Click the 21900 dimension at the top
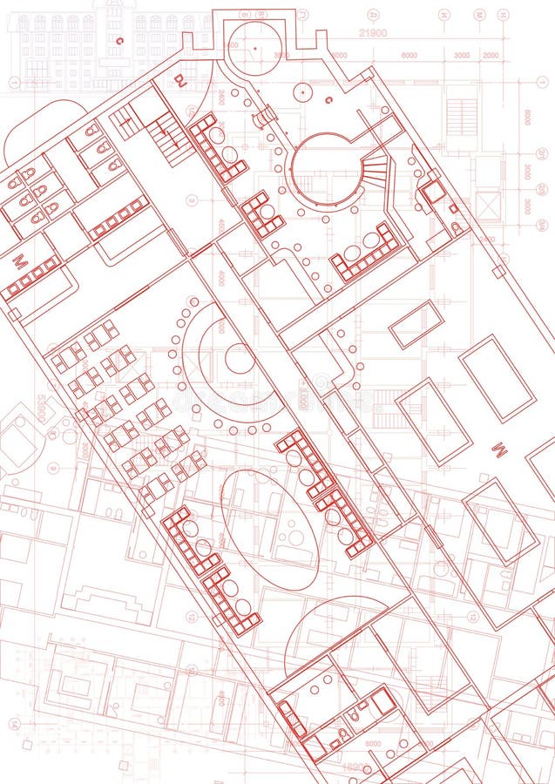(373, 34)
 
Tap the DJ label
(180, 79)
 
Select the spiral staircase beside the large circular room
(375, 169)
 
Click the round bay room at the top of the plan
(254, 43)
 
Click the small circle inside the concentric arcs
(239, 358)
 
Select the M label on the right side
(499, 449)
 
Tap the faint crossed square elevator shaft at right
(488, 206)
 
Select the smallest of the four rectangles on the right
(416, 324)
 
